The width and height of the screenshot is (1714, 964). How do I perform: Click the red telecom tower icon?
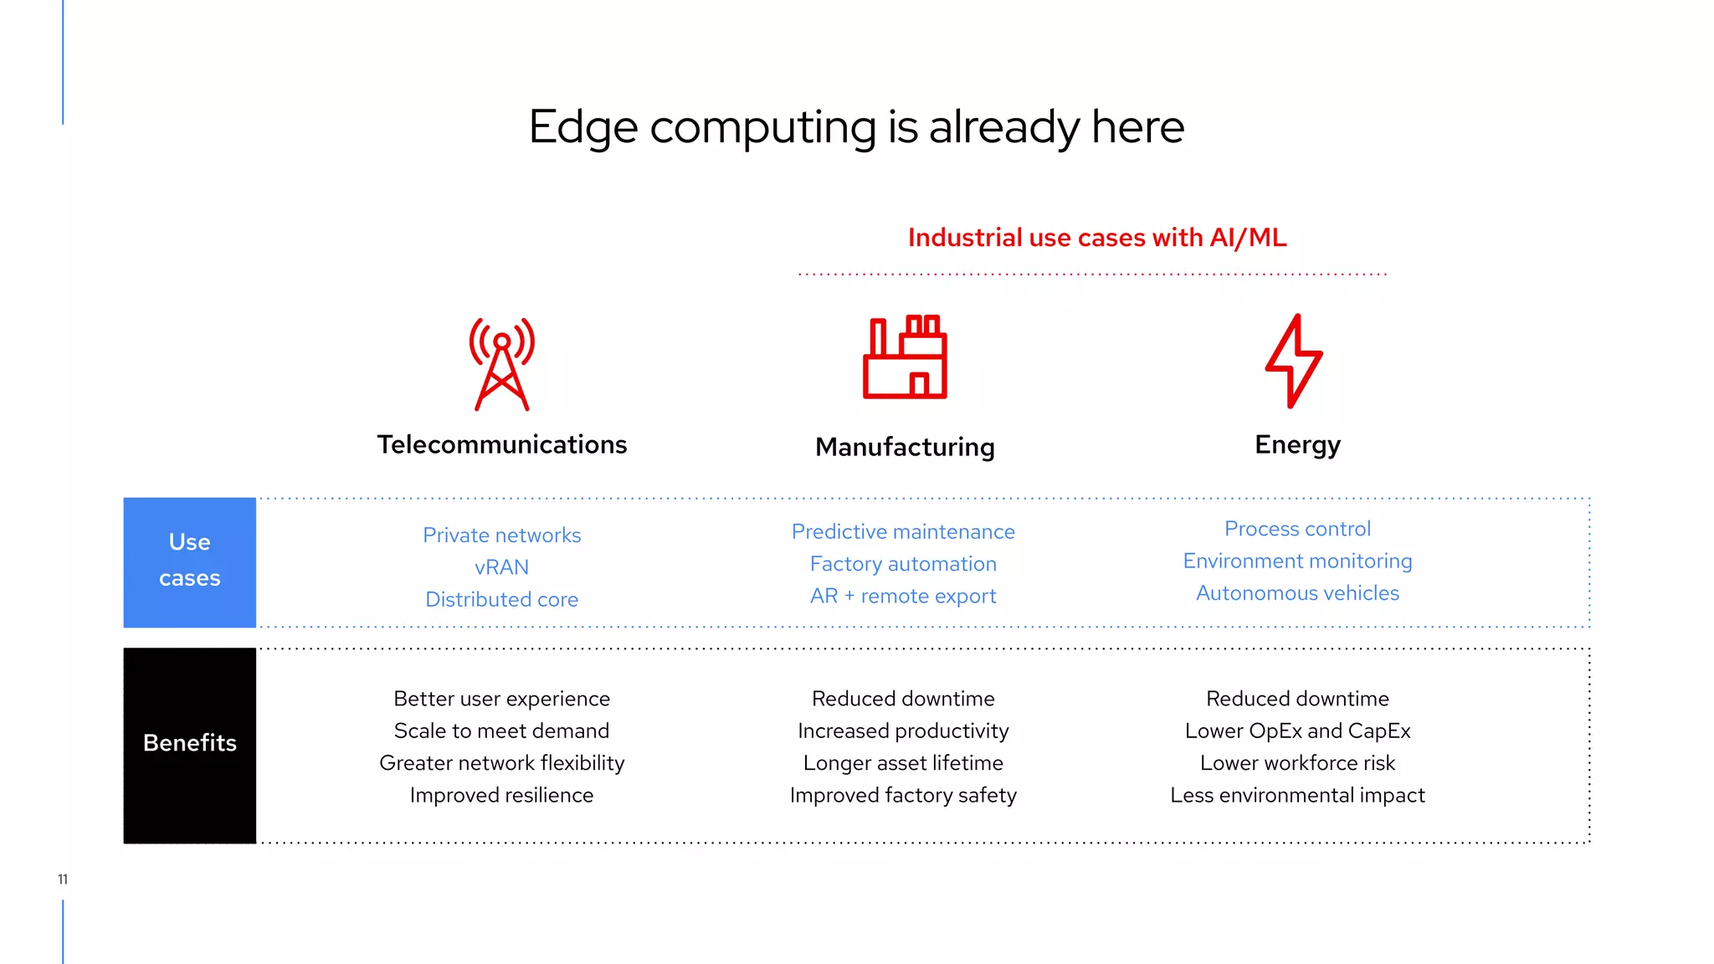coord(501,364)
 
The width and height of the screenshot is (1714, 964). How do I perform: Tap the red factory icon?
coord(905,357)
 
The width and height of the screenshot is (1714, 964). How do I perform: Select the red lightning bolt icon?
coord(1294,361)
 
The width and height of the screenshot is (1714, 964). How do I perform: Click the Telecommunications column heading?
coord(501,444)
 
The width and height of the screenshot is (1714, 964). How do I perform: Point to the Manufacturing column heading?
coord(905,447)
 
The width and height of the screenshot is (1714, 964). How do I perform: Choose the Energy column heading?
coord(1297,444)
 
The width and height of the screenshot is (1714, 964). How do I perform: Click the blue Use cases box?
coord(190,561)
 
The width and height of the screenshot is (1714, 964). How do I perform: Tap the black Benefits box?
coord(190,745)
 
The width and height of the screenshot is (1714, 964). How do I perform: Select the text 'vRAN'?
coord(501,567)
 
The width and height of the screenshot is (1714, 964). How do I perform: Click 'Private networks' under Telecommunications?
coord(501,536)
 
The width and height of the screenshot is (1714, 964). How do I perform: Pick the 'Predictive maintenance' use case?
coord(903,532)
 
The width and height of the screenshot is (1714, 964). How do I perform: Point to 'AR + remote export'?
coord(903,597)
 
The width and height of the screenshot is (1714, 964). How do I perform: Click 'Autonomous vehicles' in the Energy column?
coord(1297,593)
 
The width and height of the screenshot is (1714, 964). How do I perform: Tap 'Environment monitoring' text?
coord(1297,561)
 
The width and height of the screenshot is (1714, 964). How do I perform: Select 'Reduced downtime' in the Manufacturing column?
coord(903,699)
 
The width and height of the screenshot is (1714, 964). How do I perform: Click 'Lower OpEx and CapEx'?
coord(1297,731)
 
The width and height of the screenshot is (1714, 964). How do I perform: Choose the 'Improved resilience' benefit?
coord(501,795)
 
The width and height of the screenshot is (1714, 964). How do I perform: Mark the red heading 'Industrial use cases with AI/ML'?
coord(1097,238)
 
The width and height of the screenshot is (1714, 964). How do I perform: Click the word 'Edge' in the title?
coord(583,128)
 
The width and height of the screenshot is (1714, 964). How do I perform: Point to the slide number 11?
coord(63,879)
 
